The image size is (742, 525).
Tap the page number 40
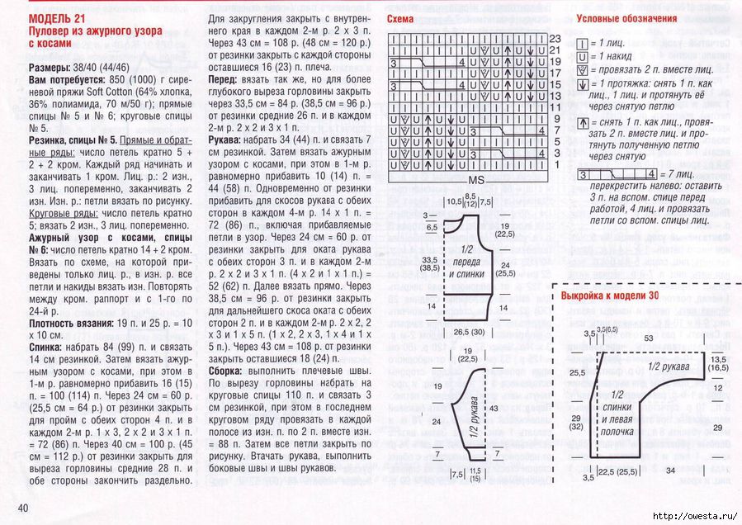(x=17, y=506)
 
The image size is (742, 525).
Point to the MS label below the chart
(x=476, y=179)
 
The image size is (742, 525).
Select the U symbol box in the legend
(x=582, y=56)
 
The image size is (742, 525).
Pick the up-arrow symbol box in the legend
(x=582, y=123)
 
